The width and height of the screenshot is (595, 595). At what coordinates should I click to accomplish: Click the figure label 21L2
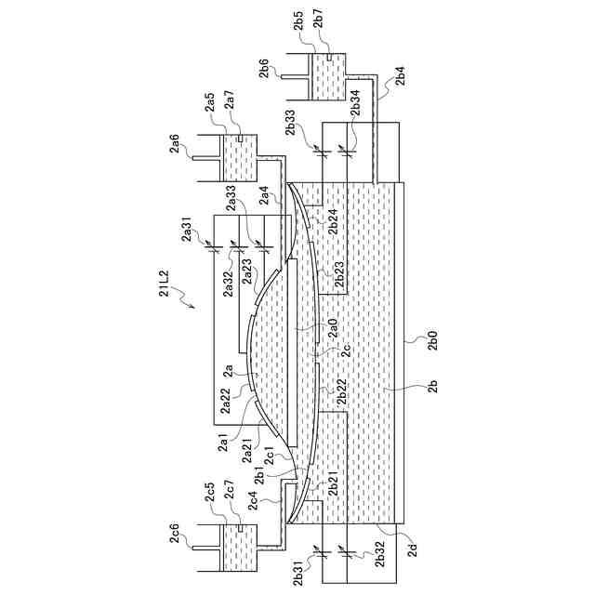coord(164,280)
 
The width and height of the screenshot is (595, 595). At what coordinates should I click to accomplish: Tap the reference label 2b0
coord(431,340)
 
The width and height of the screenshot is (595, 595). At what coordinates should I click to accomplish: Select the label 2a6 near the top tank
coord(174,143)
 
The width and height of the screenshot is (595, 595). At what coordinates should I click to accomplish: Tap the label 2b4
coord(400,76)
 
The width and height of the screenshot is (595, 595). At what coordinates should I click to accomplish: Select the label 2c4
coord(263,503)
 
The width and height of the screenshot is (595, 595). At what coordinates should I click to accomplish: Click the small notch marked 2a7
coord(241,139)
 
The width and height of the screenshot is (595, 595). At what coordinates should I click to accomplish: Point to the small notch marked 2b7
coord(329,58)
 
